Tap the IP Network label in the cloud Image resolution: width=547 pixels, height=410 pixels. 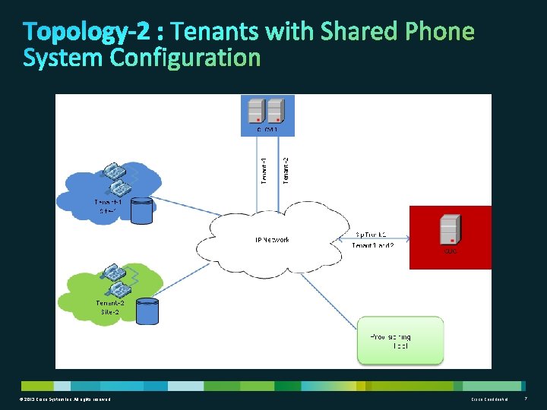tap(271, 240)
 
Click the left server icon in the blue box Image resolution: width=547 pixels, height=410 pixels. tap(256, 112)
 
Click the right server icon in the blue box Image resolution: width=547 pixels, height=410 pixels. tap(275, 112)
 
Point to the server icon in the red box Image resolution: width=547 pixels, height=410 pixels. tap(450, 229)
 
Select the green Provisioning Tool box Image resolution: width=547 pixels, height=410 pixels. tap(400, 339)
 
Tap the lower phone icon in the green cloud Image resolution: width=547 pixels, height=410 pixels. tap(119, 289)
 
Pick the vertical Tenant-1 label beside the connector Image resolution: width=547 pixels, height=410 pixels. tap(264, 169)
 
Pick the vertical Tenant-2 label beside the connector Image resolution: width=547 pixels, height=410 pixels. tap(286, 169)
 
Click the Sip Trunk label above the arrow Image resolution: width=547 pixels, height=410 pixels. tap(372, 234)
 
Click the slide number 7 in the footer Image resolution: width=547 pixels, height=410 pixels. tap(526, 399)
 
